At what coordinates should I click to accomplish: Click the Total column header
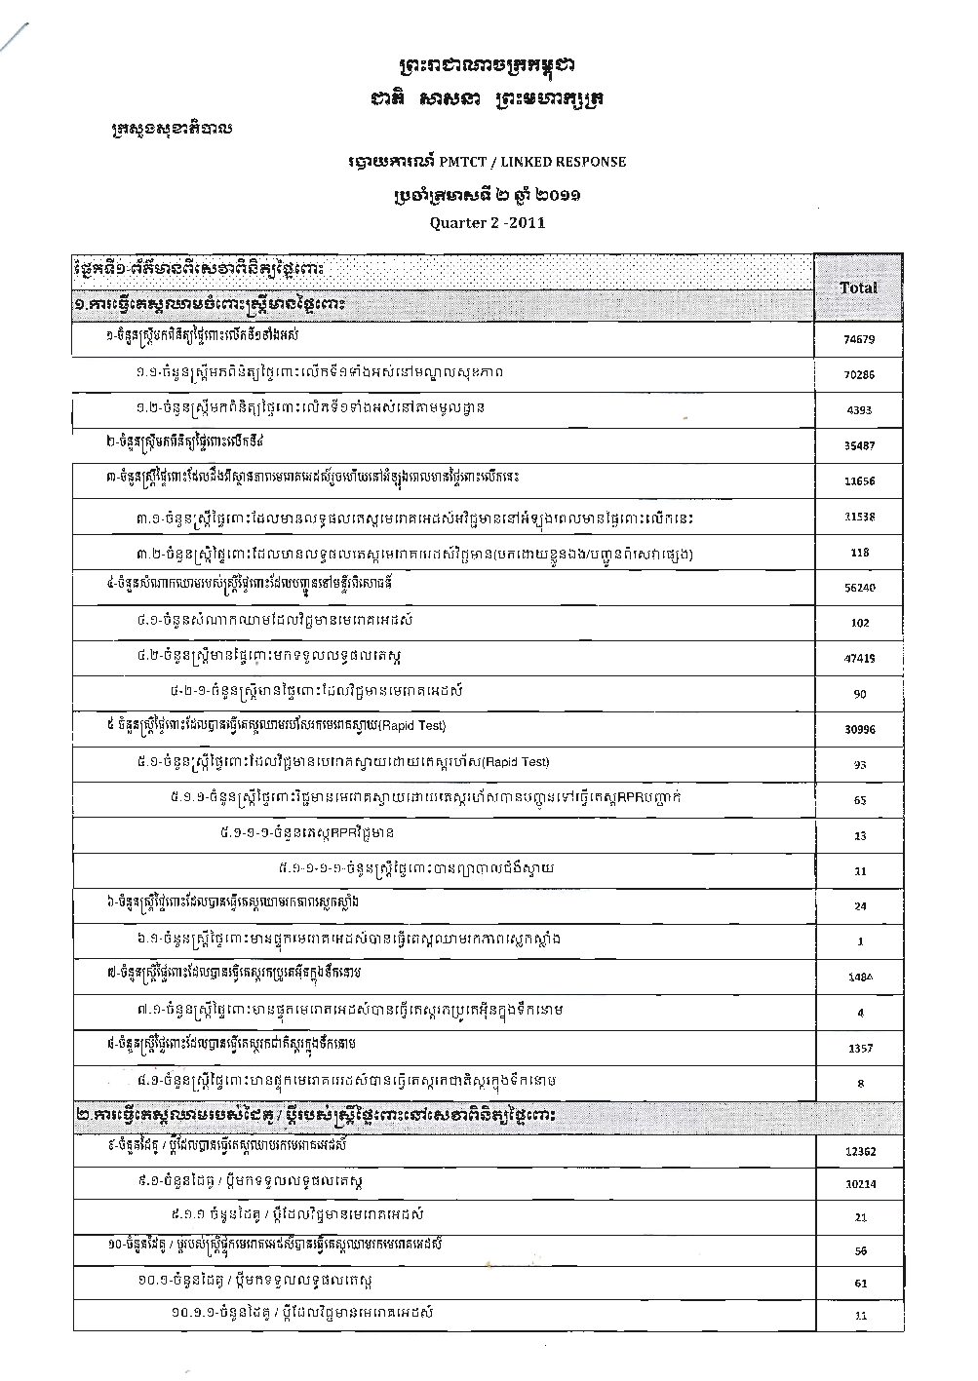coord(858,288)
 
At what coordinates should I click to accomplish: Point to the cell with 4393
coord(859,410)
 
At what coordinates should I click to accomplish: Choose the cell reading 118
coord(859,553)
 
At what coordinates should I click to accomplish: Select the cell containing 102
coord(859,623)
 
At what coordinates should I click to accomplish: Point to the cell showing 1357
coord(859,1049)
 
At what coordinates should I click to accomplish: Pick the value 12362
coord(859,1151)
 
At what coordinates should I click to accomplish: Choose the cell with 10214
coord(859,1186)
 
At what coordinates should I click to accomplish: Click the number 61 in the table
coord(860,1284)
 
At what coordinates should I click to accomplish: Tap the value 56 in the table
coord(860,1250)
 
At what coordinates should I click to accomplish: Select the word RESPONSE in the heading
coord(585,162)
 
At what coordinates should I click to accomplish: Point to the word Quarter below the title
coord(459,222)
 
